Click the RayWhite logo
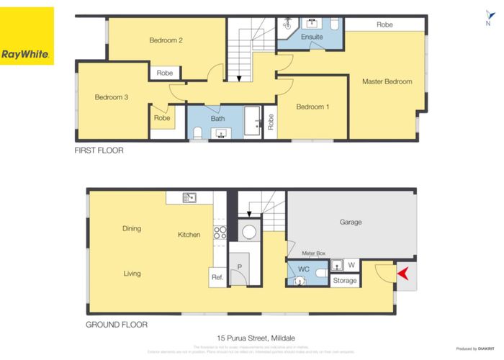[27, 36]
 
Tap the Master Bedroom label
[387, 81]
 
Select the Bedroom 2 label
[166, 40]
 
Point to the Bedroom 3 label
[111, 96]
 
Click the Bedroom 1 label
[312, 107]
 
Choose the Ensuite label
[312, 35]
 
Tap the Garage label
[351, 222]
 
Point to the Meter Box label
[314, 253]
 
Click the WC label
[304, 269]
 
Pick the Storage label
[344, 280]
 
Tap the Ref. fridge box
[217, 277]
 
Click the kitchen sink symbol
[189, 197]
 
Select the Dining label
[131, 229]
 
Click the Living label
[131, 273]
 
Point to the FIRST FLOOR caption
[99, 150]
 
